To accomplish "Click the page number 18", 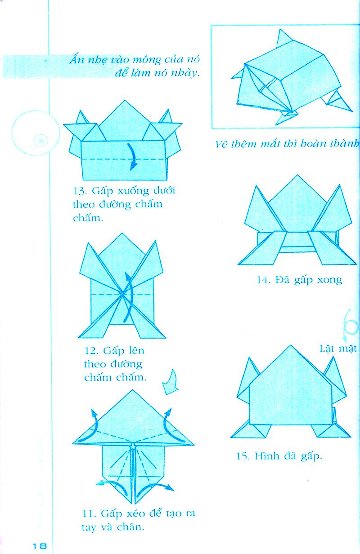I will [x=40, y=545].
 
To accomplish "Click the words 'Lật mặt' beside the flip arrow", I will [x=338, y=348].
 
